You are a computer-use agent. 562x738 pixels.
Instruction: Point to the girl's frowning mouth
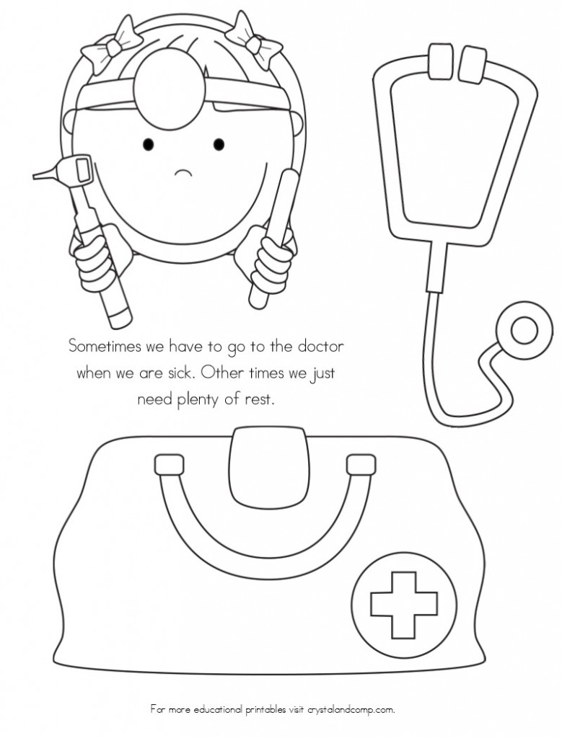pos(182,172)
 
